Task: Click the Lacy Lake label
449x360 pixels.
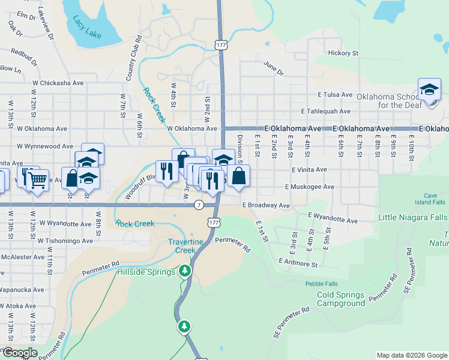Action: click(x=86, y=28)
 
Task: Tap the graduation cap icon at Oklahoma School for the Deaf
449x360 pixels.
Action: click(x=429, y=90)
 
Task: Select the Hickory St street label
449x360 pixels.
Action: click(x=343, y=53)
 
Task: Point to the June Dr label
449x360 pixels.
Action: click(x=273, y=68)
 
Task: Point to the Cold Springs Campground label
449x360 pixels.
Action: click(x=340, y=299)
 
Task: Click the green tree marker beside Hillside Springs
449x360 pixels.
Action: click(x=185, y=271)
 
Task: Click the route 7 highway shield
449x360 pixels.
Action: click(x=199, y=205)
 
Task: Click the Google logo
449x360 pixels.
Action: click(x=19, y=353)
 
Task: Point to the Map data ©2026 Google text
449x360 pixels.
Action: click(x=411, y=355)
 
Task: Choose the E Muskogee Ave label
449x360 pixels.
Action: click(x=310, y=187)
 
